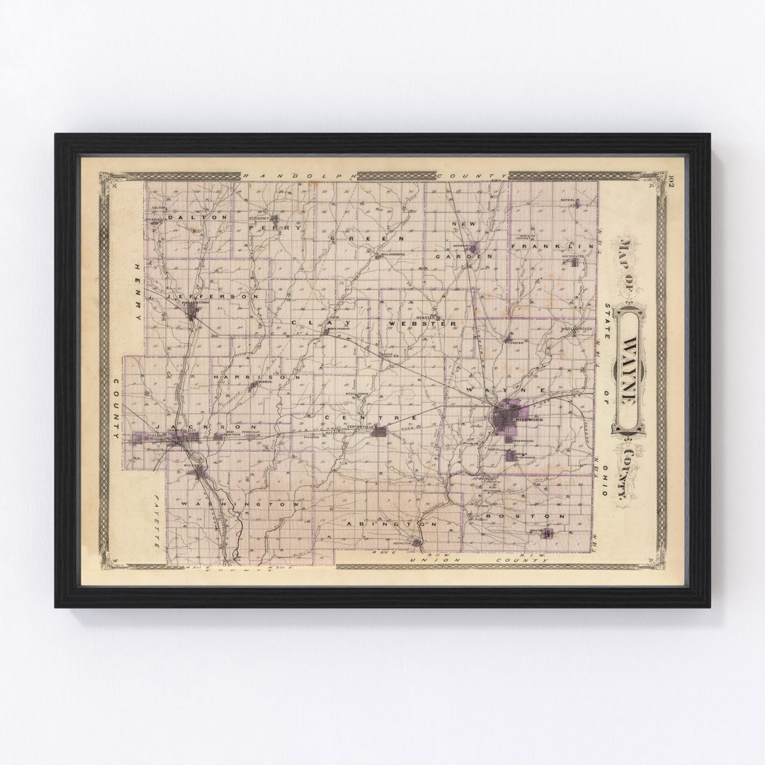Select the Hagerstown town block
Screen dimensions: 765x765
192,310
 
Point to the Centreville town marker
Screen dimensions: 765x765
381,431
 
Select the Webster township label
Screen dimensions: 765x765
423,324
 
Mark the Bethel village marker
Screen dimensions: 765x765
577,204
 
